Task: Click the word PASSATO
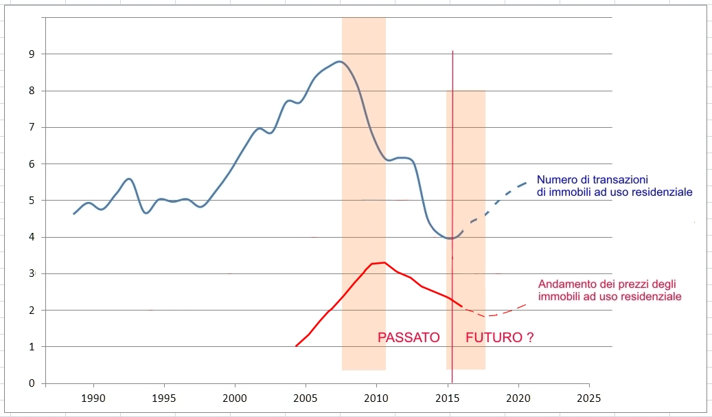click(409, 338)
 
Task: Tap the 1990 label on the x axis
click(93, 398)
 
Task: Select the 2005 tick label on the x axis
click(306, 398)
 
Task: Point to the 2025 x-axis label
click(588, 398)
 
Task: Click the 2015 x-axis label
click(448, 398)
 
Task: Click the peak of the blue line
click(338, 61)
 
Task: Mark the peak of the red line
click(383, 262)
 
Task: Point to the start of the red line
click(296, 346)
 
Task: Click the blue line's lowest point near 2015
click(450, 238)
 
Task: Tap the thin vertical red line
click(452, 137)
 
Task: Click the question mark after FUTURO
click(530, 338)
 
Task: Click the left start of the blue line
click(74, 214)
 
